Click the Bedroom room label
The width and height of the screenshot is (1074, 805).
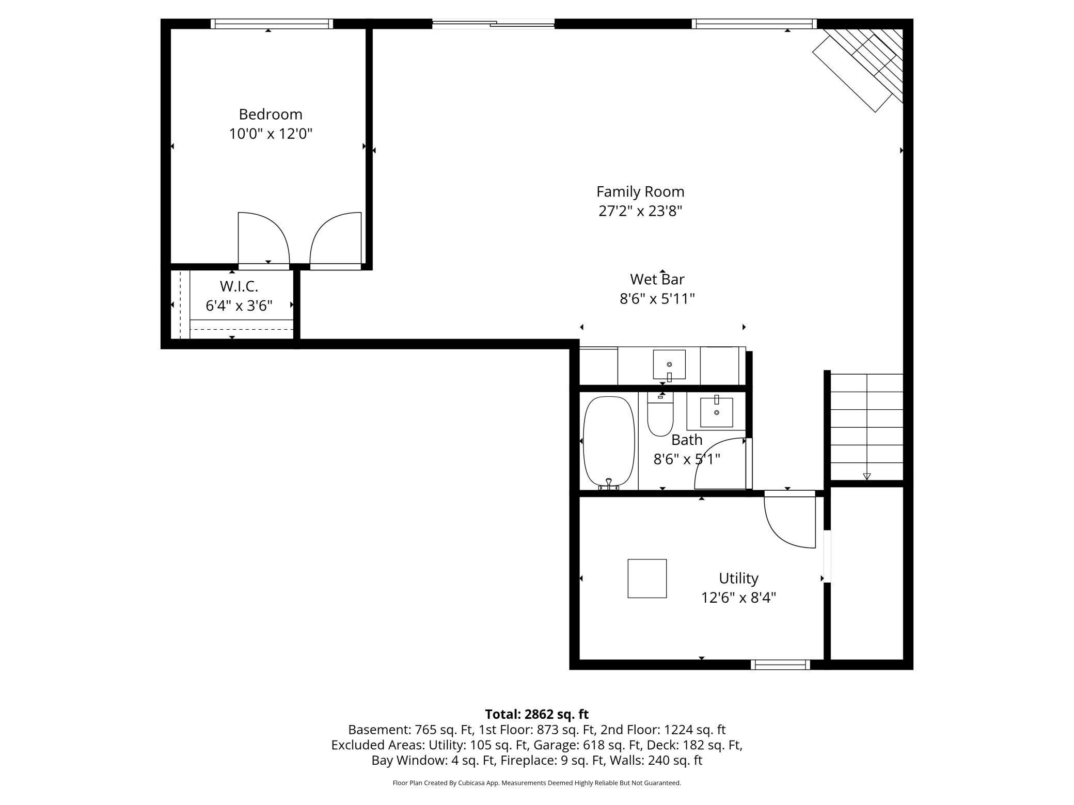coord(270,114)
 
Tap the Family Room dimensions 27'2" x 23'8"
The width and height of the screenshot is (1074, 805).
coord(640,211)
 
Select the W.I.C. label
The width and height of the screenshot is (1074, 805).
coord(239,286)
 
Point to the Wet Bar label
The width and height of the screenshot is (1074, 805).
coord(657,279)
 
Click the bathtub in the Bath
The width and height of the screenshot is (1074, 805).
coord(608,441)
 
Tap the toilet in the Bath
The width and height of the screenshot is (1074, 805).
coord(660,415)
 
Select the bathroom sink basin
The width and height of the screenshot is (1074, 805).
coord(716,412)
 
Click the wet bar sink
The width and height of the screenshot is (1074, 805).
coord(669,364)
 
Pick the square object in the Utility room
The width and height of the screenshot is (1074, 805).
coord(646,578)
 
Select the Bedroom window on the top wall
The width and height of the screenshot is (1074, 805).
coord(272,24)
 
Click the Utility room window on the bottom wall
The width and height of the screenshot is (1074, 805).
coord(780,665)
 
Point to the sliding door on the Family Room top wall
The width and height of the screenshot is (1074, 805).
coord(493,23)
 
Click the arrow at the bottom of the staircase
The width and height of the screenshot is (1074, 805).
coord(866,476)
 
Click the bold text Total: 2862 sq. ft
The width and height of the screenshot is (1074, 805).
coord(536,714)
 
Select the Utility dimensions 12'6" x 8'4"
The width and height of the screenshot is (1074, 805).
coord(738,598)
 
